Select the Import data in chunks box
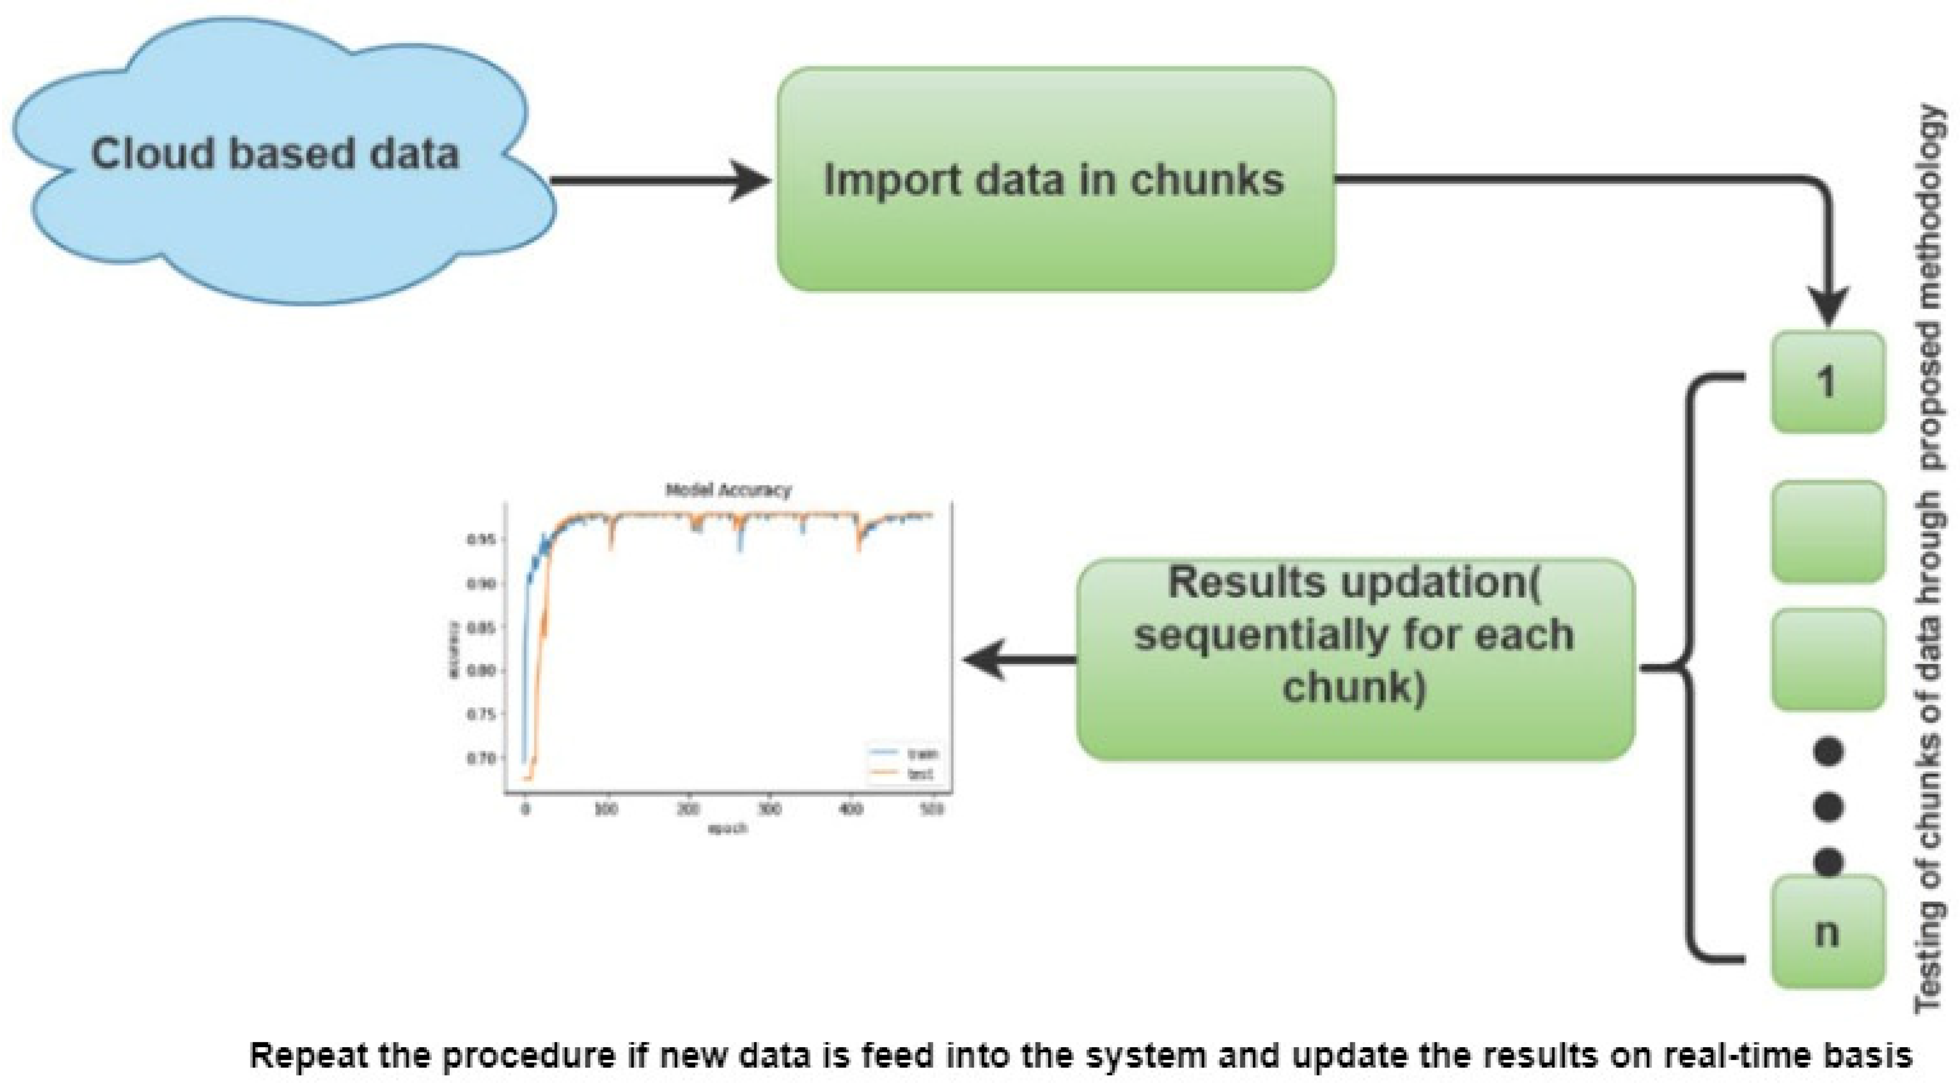pyautogui.click(x=1055, y=180)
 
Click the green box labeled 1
pyautogui.click(x=1828, y=382)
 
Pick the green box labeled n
pyautogui.click(x=1828, y=932)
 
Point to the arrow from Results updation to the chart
pyautogui.click(x=1020, y=659)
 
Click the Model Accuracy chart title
pyautogui.click(x=728, y=490)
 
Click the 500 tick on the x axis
pyautogui.click(x=931, y=810)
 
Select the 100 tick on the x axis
pyautogui.click(x=606, y=810)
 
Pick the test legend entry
pyautogui.click(x=920, y=774)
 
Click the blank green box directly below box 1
pyautogui.click(x=1828, y=531)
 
